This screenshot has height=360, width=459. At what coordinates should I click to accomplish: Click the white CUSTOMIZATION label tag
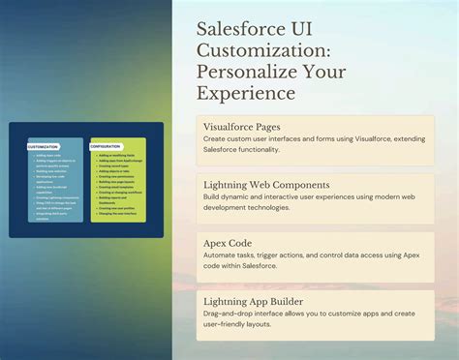[45, 146]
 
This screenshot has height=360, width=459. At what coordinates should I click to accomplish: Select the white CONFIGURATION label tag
[107, 146]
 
